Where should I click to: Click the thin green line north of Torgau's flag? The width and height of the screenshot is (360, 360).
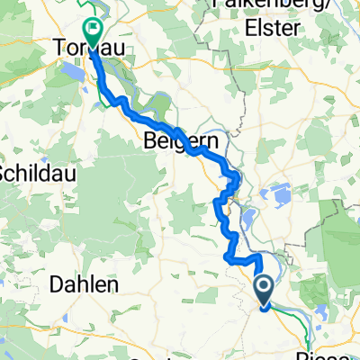102,9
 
